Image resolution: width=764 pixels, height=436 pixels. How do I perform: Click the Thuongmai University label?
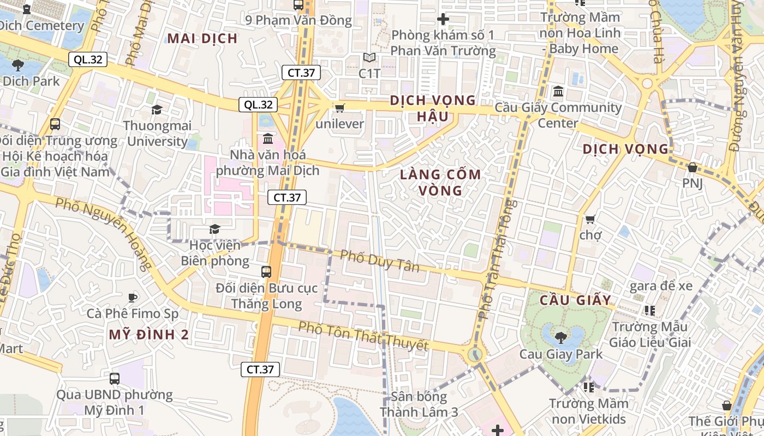point(157,134)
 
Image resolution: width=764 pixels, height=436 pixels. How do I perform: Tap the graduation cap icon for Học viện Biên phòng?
point(214,229)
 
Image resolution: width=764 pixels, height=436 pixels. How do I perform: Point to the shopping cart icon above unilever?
point(339,108)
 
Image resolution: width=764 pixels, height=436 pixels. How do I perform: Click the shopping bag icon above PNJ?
point(693,167)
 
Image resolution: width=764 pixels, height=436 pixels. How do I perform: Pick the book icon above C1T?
point(369,58)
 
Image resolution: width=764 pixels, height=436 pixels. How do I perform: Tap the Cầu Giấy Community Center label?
point(558,115)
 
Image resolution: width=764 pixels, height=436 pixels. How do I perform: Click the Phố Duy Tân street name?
point(380,261)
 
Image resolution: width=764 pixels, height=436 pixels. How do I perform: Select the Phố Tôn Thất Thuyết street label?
point(363,336)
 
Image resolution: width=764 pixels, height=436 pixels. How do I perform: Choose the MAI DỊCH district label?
point(202,38)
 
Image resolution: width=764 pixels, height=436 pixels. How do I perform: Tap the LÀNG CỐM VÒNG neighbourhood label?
point(440,183)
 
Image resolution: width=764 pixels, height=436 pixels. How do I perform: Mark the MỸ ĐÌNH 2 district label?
point(149,335)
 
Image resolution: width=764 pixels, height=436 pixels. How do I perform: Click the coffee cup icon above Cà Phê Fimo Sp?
point(132,298)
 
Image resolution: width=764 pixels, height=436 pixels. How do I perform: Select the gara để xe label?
point(661,286)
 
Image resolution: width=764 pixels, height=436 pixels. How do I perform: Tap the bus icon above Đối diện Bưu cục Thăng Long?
point(266,271)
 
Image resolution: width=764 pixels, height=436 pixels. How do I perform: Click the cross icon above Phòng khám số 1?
point(443,20)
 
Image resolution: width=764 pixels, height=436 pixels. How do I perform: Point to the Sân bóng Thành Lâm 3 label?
point(419,404)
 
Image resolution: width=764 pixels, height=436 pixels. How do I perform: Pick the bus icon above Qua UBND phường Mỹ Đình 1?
point(115,378)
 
